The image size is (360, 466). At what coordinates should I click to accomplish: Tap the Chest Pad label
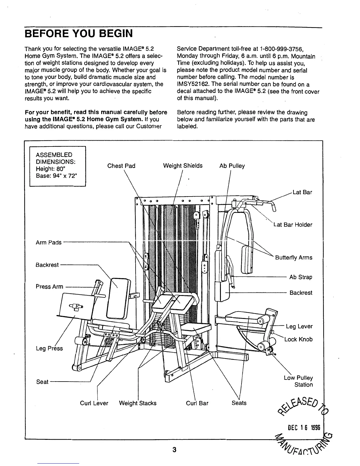[x=121, y=166]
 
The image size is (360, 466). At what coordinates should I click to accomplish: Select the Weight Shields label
[x=183, y=166]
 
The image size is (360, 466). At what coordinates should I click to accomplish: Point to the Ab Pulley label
[x=232, y=166]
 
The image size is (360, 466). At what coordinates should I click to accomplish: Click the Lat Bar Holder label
[x=293, y=225]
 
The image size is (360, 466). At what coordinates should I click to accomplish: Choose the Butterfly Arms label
[x=294, y=258]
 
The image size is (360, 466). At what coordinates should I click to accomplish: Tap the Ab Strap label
[x=301, y=277]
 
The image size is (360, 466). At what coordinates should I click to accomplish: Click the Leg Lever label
[x=299, y=326]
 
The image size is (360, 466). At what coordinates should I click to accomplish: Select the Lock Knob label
[x=298, y=339]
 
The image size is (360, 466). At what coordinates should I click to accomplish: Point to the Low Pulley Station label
[x=298, y=381]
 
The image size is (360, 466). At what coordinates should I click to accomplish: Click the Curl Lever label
[x=94, y=403]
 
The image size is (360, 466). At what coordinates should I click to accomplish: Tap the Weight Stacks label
[x=138, y=403]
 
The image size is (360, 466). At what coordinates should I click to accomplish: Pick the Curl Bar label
[x=197, y=403]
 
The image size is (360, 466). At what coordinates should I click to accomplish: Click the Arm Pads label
[x=49, y=242]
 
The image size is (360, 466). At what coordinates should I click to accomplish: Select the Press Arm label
[x=49, y=287]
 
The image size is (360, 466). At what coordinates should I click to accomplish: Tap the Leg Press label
[x=49, y=348]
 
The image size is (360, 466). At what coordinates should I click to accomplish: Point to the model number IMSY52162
[x=191, y=84]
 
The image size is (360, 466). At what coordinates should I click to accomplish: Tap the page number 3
[x=174, y=450]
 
